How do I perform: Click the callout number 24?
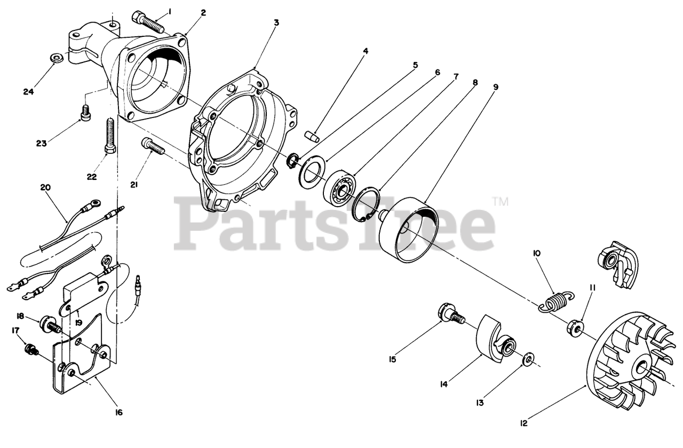28,92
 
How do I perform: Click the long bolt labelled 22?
110,135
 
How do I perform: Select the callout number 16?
118,412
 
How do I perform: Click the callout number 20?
45,187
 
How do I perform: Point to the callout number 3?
276,22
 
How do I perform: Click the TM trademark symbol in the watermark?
499,202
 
